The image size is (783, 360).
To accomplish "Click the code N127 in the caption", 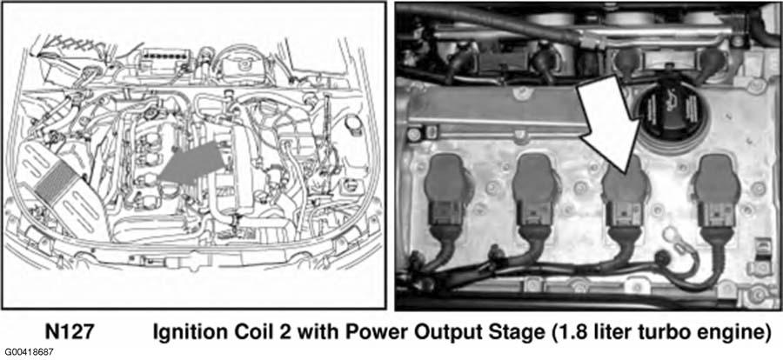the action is (x=69, y=332).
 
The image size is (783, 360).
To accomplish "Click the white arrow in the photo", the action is (x=610, y=126).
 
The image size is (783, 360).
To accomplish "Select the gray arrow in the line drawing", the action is (x=191, y=163).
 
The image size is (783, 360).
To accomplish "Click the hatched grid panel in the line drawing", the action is (x=55, y=181).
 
